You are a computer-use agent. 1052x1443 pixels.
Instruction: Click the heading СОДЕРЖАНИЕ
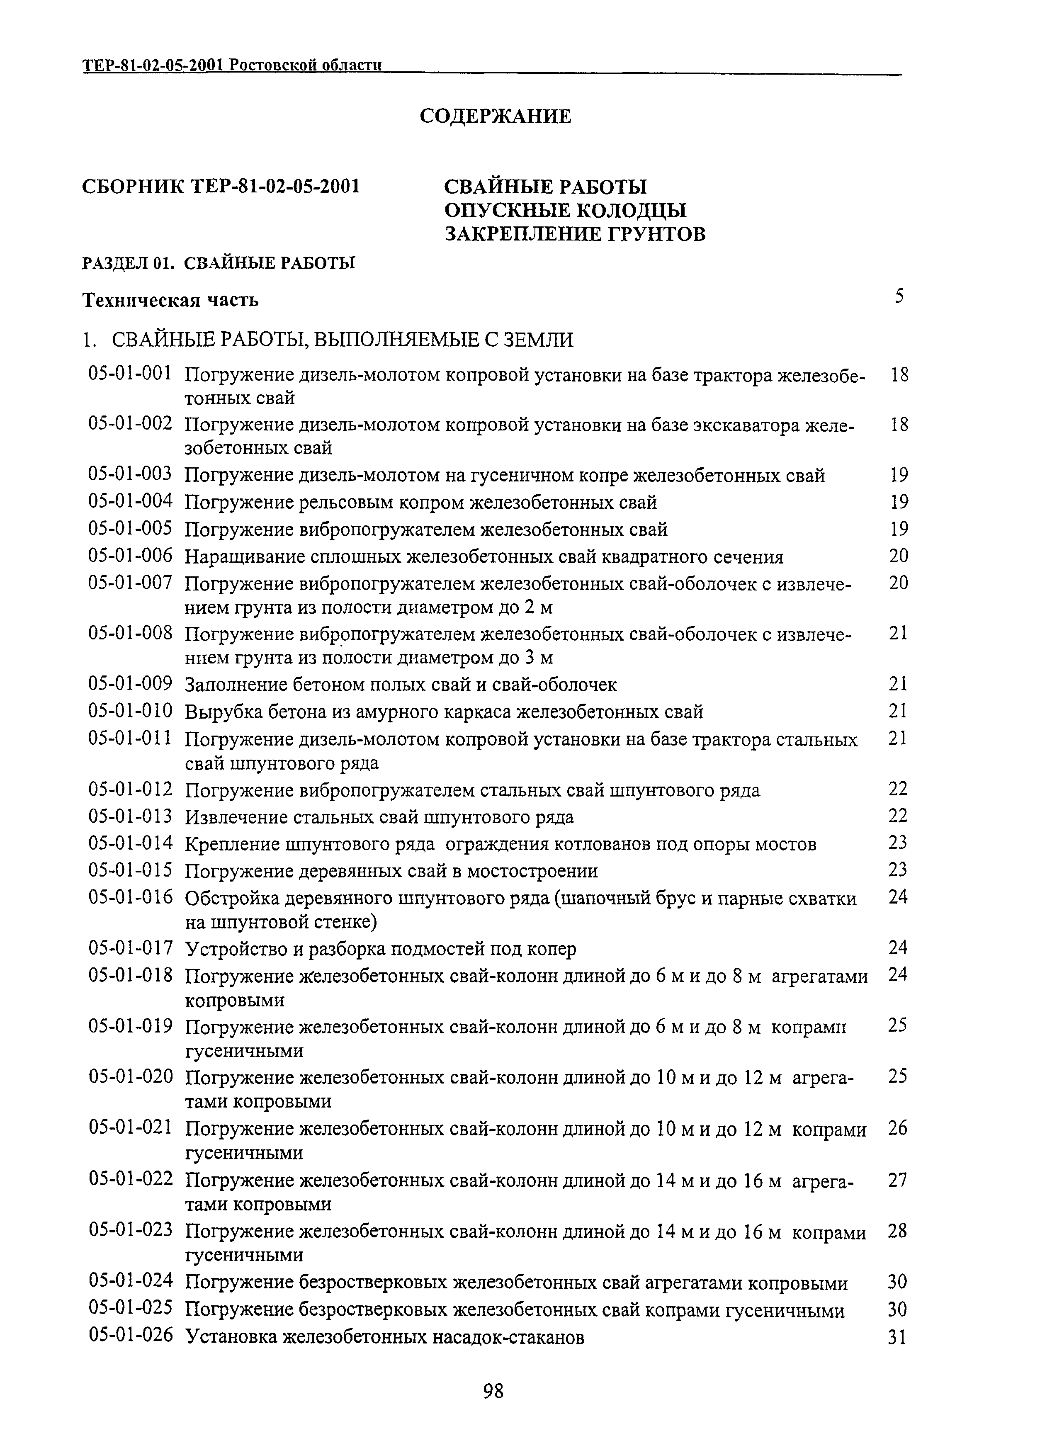496,116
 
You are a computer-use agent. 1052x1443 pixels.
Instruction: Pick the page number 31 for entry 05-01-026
897,1337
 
